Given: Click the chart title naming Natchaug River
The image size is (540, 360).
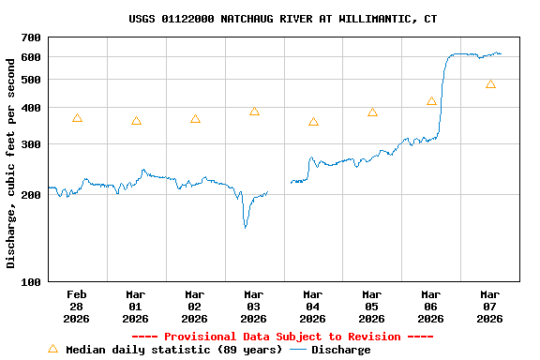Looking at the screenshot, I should point(282,19).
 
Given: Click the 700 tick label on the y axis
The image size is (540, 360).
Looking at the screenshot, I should point(31,37).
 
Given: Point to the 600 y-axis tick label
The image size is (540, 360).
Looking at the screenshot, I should point(31,57).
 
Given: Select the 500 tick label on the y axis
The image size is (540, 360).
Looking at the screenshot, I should point(31,80).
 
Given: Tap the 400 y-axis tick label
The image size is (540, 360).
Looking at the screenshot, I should point(31,108).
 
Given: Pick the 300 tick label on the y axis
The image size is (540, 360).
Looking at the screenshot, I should point(31,144).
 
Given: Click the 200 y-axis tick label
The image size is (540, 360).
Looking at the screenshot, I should point(31,195).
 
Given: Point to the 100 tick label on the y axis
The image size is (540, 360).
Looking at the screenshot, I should point(31,281).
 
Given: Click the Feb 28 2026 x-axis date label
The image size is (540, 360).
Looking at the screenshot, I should point(77,306).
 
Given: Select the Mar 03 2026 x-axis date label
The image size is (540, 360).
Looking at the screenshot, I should point(254,306).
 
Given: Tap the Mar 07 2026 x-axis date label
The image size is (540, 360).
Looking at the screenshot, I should point(490,306).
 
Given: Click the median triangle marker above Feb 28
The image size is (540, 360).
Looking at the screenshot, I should point(77,118).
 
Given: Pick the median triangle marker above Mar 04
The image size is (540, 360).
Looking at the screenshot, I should point(313,122).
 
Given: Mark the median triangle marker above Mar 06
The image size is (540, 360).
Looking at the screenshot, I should point(431,101).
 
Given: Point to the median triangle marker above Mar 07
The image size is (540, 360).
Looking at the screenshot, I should point(490,83).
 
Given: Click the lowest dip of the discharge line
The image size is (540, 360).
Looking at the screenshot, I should point(246,227).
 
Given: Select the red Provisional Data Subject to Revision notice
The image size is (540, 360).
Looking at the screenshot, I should point(282,337).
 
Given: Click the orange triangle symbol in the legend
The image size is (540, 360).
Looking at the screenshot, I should point(53,349).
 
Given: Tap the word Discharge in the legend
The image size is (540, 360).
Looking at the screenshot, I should point(340,350).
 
